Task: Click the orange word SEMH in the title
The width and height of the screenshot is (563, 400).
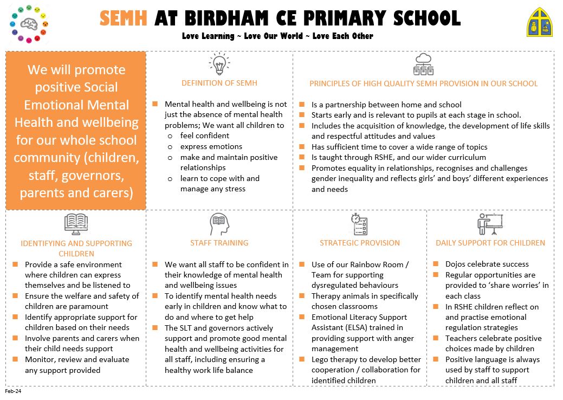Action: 123,18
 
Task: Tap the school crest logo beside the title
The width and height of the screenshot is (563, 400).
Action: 540,22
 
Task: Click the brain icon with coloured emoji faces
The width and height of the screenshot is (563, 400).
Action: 28,24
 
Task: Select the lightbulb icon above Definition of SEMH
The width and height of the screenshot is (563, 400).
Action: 219,64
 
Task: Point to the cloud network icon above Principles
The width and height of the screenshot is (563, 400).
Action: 423,64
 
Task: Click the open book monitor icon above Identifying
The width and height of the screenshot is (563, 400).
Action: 76,224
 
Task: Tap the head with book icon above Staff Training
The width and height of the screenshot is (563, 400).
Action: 219,224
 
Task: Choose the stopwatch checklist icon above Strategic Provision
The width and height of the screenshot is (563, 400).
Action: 359,224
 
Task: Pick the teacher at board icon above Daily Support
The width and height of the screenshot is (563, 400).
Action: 490,224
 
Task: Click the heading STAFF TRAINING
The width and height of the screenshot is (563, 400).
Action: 219,243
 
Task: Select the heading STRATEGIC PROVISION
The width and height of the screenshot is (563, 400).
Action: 359,243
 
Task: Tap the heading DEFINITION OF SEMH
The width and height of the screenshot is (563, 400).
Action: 219,83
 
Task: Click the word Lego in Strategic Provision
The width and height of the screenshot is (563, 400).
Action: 321,359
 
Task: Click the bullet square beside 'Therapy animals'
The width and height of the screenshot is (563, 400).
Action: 302,296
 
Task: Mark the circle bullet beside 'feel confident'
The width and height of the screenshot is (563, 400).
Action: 170,136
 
